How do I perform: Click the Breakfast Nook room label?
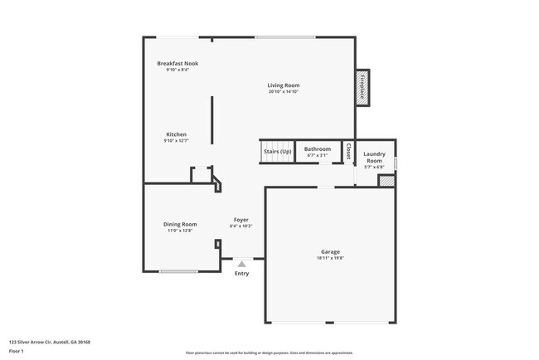click(x=177, y=63)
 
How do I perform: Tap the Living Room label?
click(x=283, y=85)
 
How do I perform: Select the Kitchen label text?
click(x=176, y=134)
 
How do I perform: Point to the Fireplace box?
click(x=362, y=87)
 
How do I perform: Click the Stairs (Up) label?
click(x=278, y=152)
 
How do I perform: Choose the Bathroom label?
click(x=318, y=149)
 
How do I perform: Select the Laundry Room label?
click(x=374, y=157)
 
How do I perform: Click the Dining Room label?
click(x=179, y=224)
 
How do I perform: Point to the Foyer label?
click(x=240, y=220)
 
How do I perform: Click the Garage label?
click(x=330, y=251)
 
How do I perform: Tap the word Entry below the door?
click(x=241, y=273)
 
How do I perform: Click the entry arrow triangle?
click(x=241, y=264)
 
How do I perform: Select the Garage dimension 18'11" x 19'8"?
click(x=330, y=258)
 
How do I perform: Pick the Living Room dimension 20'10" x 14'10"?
click(x=283, y=92)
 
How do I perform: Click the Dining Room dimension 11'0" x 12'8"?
click(x=179, y=231)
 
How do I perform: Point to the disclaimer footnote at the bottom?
click(x=269, y=352)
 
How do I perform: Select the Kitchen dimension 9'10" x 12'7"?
click(x=176, y=141)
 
